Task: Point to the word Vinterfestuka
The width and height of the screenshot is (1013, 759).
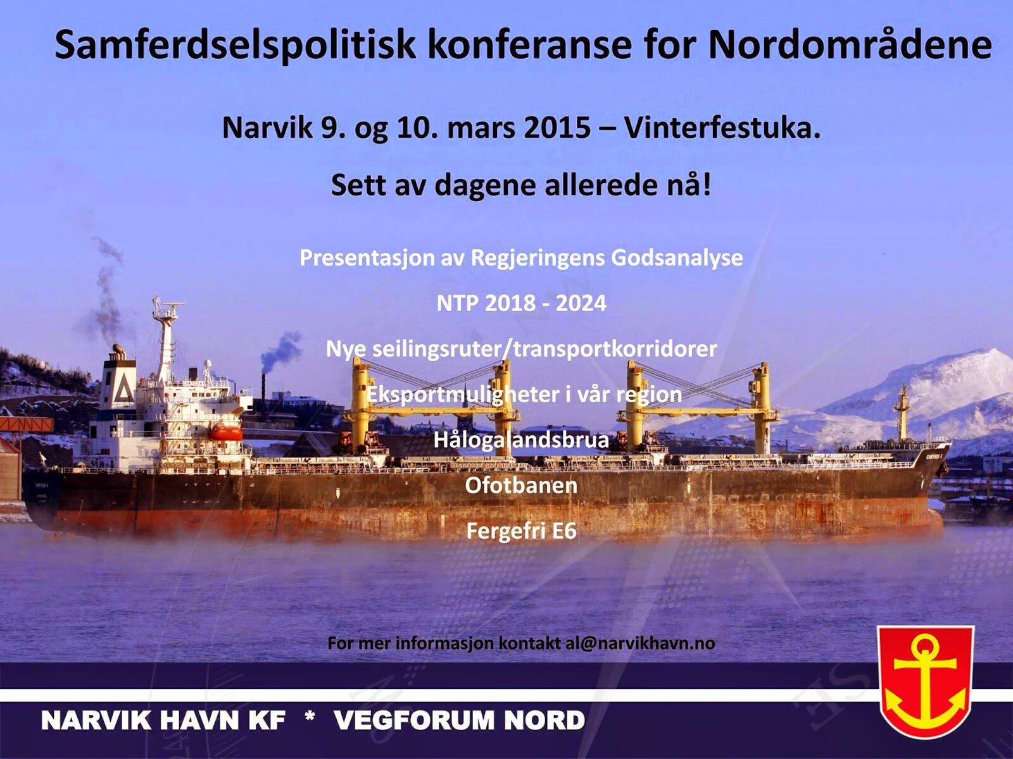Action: pyautogui.click(x=722, y=128)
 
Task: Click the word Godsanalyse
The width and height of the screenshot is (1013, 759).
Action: pyautogui.click(x=677, y=258)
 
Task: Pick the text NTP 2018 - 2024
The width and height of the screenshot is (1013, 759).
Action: pyautogui.click(x=522, y=303)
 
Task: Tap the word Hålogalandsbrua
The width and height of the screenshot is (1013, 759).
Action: pyautogui.click(x=522, y=440)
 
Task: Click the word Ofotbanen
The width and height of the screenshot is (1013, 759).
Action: pyautogui.click(x=521, y=486)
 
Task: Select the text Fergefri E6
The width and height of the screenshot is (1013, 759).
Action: pyautogui.click(x=522, y=531)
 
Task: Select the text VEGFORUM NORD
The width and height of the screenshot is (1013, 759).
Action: pyautogui.click(x=459, y=720)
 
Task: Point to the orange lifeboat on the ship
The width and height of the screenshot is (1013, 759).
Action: pyautogui.click(x=225, y=432)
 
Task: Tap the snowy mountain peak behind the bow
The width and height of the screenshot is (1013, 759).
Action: pyautogui.click(x=988, y=355)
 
